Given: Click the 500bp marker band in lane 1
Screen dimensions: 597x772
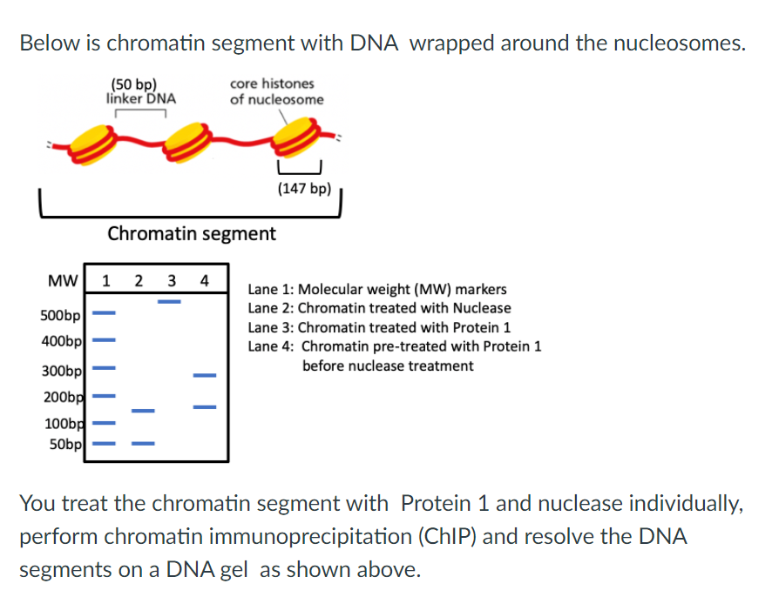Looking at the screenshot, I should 105,311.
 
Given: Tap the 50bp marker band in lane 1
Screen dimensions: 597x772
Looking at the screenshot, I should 105,444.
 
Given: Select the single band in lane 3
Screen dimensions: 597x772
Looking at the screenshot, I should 170,302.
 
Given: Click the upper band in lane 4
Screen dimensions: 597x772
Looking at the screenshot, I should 205,375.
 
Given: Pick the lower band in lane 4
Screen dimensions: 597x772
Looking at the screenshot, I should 205,405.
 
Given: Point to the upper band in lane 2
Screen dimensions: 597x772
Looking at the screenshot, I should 143,410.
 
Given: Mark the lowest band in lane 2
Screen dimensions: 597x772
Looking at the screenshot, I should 143,444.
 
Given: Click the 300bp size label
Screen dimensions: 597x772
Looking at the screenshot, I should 61,372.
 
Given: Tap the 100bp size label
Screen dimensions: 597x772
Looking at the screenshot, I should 63,425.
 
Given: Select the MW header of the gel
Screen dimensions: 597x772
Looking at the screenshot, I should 60,281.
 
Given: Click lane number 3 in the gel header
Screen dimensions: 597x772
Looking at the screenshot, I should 172,281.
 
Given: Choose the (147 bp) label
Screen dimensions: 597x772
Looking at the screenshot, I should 304,189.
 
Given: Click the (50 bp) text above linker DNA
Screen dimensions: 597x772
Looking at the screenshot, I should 134,84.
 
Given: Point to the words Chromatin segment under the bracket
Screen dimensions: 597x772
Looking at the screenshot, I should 191,233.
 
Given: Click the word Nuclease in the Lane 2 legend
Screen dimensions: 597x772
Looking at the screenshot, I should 482,308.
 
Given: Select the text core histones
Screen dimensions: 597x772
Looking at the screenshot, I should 272,84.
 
